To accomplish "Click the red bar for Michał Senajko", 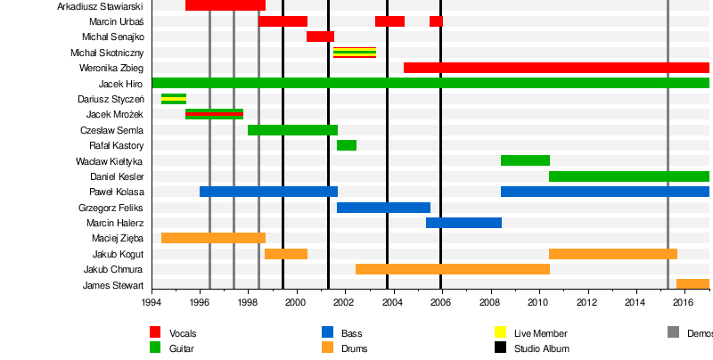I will (x=320, y=37).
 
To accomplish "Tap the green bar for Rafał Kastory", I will (x=347, y=145).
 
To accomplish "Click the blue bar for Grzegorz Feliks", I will (x=383, y=208).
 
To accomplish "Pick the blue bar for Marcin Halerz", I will (x=463, y=223).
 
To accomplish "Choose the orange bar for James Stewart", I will (x=693, y=284).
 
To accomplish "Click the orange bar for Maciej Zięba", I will (x=213, y=238).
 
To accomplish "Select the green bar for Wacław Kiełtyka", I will (x=525, y=160).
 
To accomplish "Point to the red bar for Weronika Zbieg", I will (x=556, y=68).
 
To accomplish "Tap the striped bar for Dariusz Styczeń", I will (x=174, y=98).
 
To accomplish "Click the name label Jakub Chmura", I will (x=113, y=269).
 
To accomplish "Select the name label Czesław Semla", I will (x=111, y=130).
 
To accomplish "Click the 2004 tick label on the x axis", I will (x=393, y=303).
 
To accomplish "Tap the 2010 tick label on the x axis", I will (x=538, y=303).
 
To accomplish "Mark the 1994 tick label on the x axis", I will (x=152, y=303).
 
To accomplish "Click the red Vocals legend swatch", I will (x=155, y=332).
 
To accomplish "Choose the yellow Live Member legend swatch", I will (x=500, y=332).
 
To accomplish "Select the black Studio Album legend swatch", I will (x=500, y=348).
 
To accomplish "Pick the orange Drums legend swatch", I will (x=327, y=348).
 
